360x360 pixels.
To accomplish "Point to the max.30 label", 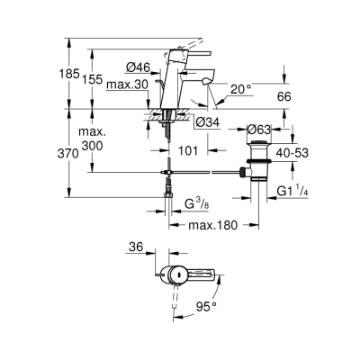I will [124, 85].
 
